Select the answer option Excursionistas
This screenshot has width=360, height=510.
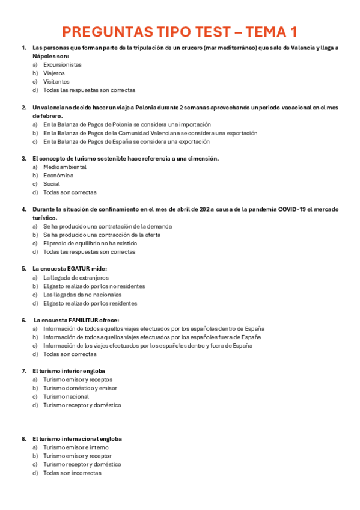coord(63,64)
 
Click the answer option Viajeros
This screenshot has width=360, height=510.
coord(54,73)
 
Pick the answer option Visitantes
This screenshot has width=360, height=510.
coord(56,81)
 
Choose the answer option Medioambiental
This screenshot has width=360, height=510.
coord(65,167)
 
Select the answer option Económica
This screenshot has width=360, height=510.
coord(58,175)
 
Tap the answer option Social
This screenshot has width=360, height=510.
coord(52,184)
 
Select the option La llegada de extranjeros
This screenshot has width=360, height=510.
coord(76,278)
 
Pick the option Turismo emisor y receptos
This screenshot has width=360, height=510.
coord(78,379)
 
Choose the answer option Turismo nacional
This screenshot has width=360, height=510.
coord(66,396)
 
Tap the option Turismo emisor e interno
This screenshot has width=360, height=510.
coord(76,447)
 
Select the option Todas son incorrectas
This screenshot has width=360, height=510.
coord(72,473)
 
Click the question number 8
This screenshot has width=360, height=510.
coord(23,439)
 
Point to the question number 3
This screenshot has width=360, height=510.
coord(23,158)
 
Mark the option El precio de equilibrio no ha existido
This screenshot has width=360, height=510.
coord(90,244)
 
